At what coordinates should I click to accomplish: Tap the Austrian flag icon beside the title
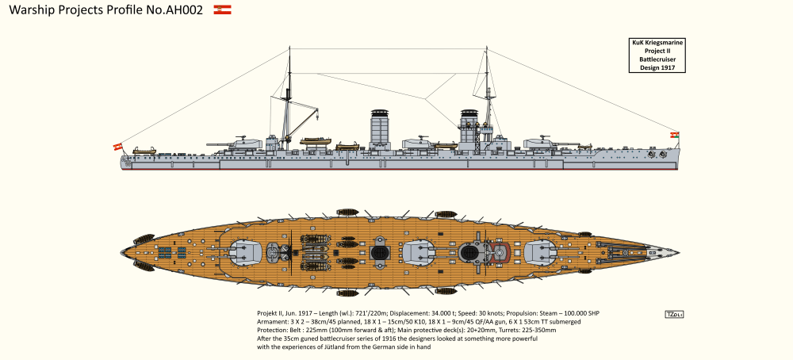(222, 10)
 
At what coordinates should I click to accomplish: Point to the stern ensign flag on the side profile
(117, 146)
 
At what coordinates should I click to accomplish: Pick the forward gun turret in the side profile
(543, 144)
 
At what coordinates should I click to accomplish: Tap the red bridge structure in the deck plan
(500, 253)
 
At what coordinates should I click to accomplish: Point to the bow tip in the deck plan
(676, 253)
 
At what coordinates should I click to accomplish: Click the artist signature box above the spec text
(676, 314)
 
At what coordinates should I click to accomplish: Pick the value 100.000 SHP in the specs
(577, 313)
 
